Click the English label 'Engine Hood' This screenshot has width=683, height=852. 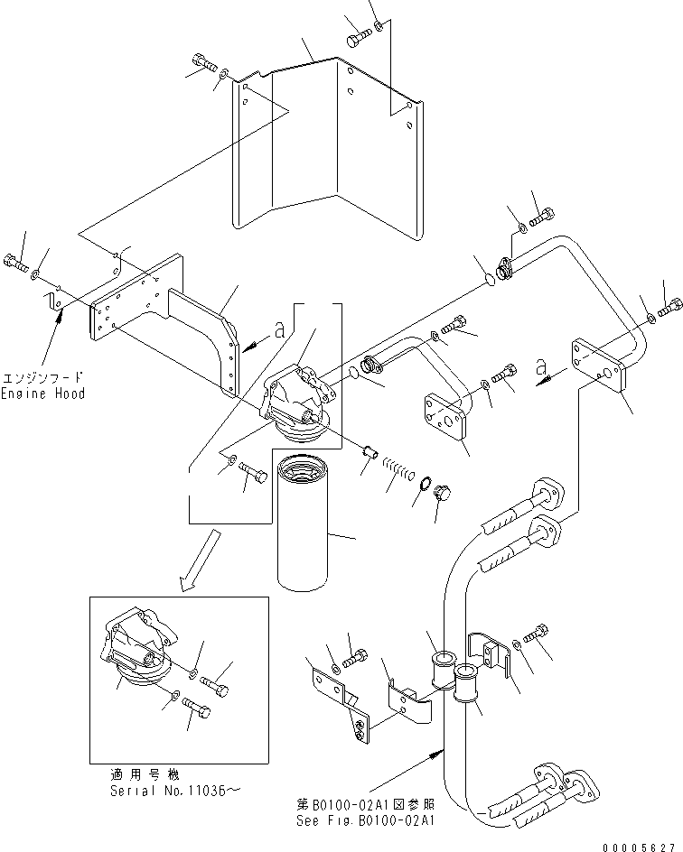42,394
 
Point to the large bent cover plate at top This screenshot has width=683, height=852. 325,153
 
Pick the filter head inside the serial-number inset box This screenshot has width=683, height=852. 136,650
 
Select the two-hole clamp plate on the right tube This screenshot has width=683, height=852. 597,365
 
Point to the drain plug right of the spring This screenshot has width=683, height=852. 443,493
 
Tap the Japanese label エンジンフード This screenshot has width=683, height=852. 42,377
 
